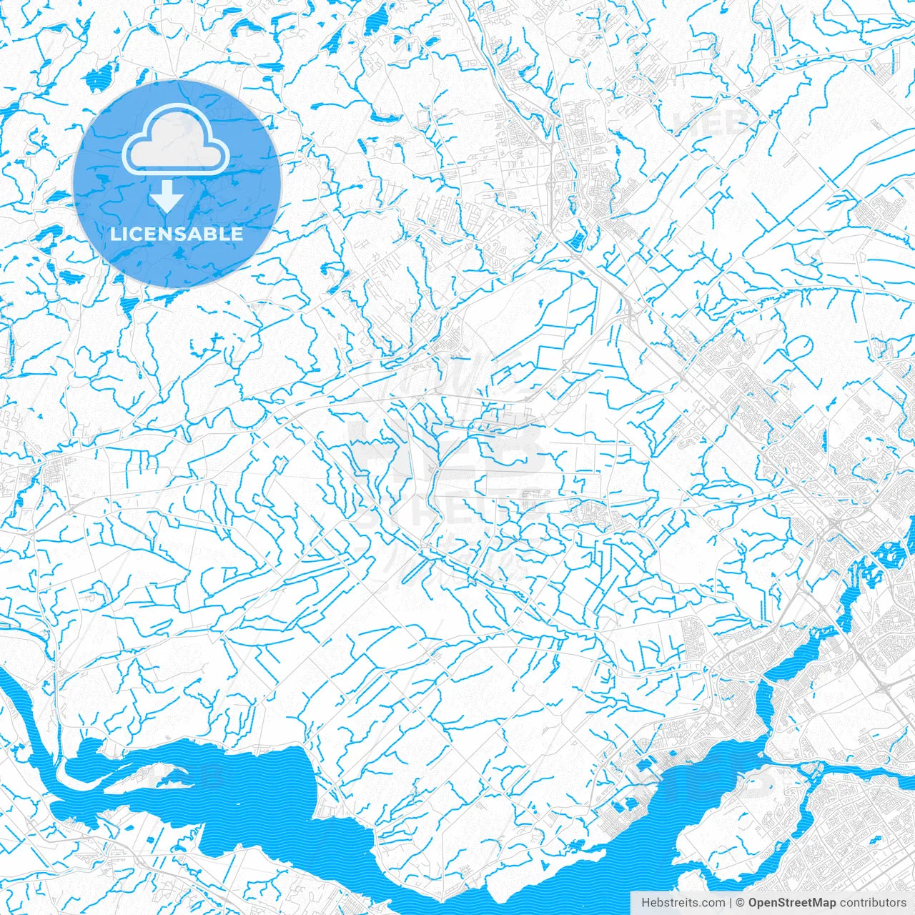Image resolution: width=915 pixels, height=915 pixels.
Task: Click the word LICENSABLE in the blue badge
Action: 177,234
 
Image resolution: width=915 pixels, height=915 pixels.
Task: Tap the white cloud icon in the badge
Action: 176,141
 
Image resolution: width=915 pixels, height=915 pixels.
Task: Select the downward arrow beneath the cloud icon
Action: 167,196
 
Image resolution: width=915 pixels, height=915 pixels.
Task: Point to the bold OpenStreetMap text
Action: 791,903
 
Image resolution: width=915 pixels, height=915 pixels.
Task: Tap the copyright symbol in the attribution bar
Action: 741,903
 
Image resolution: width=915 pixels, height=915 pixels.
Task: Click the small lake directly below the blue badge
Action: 129,307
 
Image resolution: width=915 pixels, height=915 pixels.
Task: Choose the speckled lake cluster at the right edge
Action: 890,550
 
